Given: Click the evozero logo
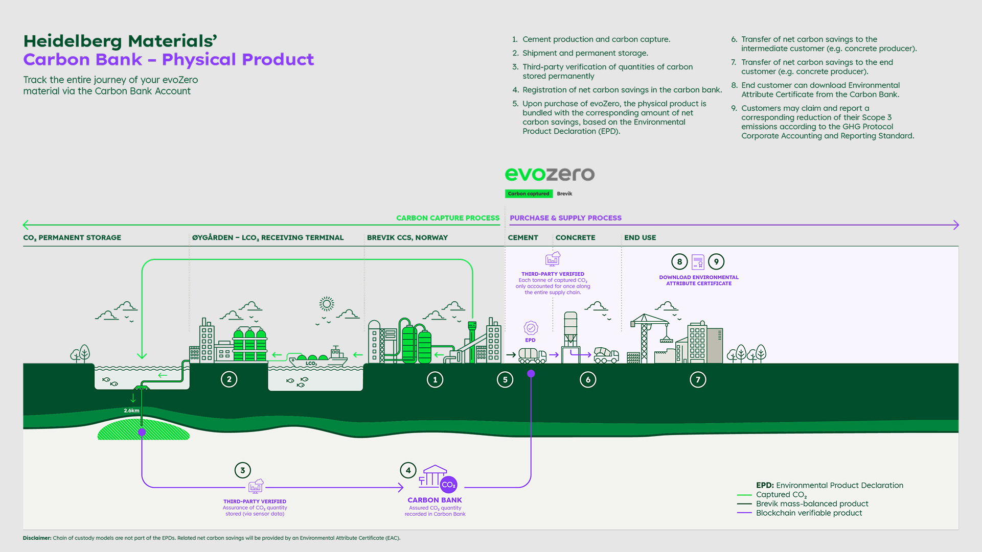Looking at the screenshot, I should [x=550, y=174].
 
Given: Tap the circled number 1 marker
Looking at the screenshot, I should [x=435, y=379].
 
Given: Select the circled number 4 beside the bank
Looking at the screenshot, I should [x=408, y=470].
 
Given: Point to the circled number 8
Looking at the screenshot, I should [x=679, y=262].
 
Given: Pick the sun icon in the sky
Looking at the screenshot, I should [x=327, y=304].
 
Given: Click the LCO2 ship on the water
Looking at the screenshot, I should [x=317, y=358].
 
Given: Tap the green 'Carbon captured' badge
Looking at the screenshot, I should [x=529, y=194].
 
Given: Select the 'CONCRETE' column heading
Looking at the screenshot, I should [x=575, y=237].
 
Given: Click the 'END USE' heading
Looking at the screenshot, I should [x=640, y=237].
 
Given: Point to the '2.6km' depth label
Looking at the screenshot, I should [x=131, y=411].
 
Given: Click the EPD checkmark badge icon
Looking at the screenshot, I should [x=531, y=328].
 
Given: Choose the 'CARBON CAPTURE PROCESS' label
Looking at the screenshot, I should [x=448, y=218].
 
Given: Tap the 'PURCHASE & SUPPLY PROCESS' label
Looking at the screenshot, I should [x=565, y=218].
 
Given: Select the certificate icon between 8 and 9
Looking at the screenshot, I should [x=698, y=262].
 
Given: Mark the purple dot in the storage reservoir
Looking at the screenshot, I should [x=142, y=433].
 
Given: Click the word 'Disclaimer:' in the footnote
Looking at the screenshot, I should [x=37, y=538].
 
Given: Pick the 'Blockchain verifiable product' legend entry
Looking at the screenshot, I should [x=809, y=513].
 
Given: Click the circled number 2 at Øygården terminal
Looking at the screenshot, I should [x=229, y=379].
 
